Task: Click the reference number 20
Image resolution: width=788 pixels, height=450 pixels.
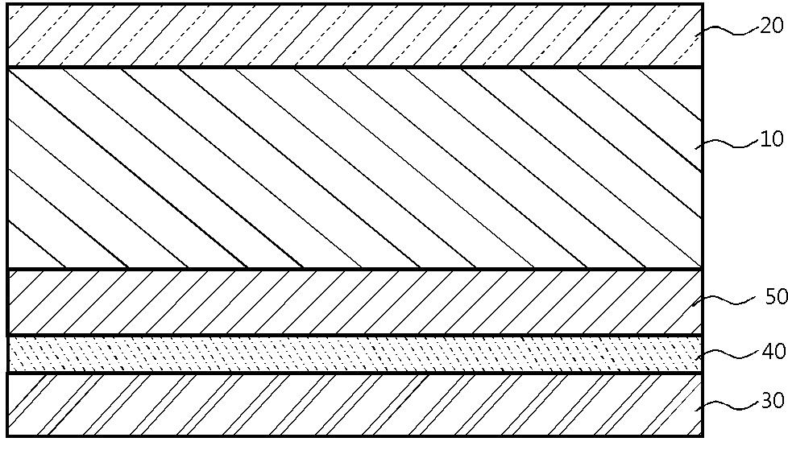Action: pos(771,26)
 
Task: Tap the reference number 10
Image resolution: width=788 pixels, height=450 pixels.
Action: pos(771,139)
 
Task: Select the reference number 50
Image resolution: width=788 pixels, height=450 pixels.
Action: pos(775,297)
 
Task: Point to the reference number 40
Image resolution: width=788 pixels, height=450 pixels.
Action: pos(772,352)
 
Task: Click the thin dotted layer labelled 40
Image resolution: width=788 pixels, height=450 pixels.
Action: pos(355,354)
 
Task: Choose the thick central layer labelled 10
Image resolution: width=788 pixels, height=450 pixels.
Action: pos(355,167)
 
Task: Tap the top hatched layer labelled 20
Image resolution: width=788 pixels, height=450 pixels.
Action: pos(355,35)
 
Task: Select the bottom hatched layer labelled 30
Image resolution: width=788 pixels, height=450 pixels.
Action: pos(355,404)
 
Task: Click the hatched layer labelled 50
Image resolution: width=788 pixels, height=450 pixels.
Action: pos(355,302)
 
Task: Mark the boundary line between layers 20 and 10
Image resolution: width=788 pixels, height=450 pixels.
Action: pos(355,67)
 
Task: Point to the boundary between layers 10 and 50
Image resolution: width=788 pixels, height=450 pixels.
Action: pos(355,269)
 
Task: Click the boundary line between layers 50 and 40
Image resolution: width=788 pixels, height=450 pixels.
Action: pos(355,335)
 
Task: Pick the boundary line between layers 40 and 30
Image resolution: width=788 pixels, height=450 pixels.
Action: pos(355,372)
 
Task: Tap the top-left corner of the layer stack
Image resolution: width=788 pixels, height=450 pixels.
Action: pos(8,5)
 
